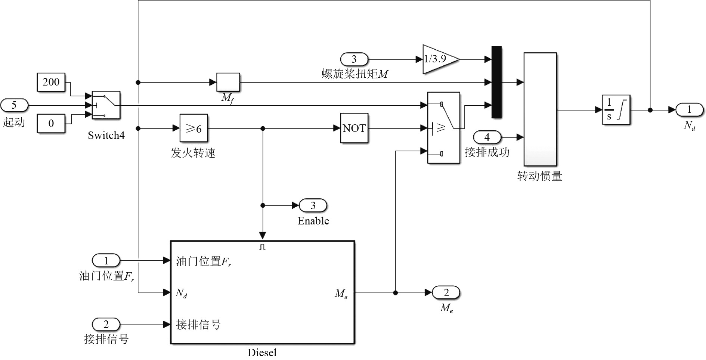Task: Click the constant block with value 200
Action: tap(51, 82)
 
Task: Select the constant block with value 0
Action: tap(51, 123)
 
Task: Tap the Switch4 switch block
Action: tap(106, 105)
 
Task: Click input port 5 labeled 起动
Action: tap(14, 105)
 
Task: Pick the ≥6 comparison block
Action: tap(193, 128)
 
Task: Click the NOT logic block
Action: tap(354, 128)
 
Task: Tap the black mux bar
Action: tap(496, 82)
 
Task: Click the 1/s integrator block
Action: tap(616, 110)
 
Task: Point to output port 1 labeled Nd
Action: tap(690, 110)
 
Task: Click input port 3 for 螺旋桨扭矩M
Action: tap(354, 59)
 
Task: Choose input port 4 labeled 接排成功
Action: tap(487, 137)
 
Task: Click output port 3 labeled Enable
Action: tap(313, 205)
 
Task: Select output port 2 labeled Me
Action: tap(446, 293)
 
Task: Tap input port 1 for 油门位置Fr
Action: tap(106, 260)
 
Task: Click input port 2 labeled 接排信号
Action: tap(106, 324)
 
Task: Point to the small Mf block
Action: tap(228, 82)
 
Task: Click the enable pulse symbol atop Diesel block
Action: tap(262, 247)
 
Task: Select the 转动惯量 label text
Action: tap(540, 176)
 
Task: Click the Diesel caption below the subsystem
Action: tap(262, 353)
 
